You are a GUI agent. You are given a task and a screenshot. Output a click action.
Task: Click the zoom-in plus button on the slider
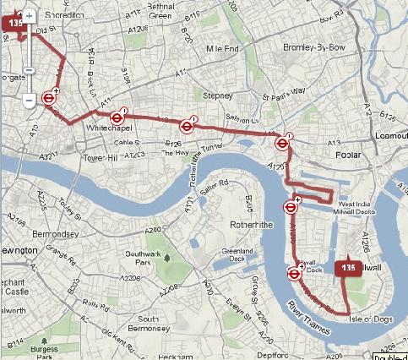(x=29, y=16)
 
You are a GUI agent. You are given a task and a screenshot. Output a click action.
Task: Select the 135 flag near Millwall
(x=348, y=268)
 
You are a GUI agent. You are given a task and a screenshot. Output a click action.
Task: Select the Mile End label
(x=212, y=50)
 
